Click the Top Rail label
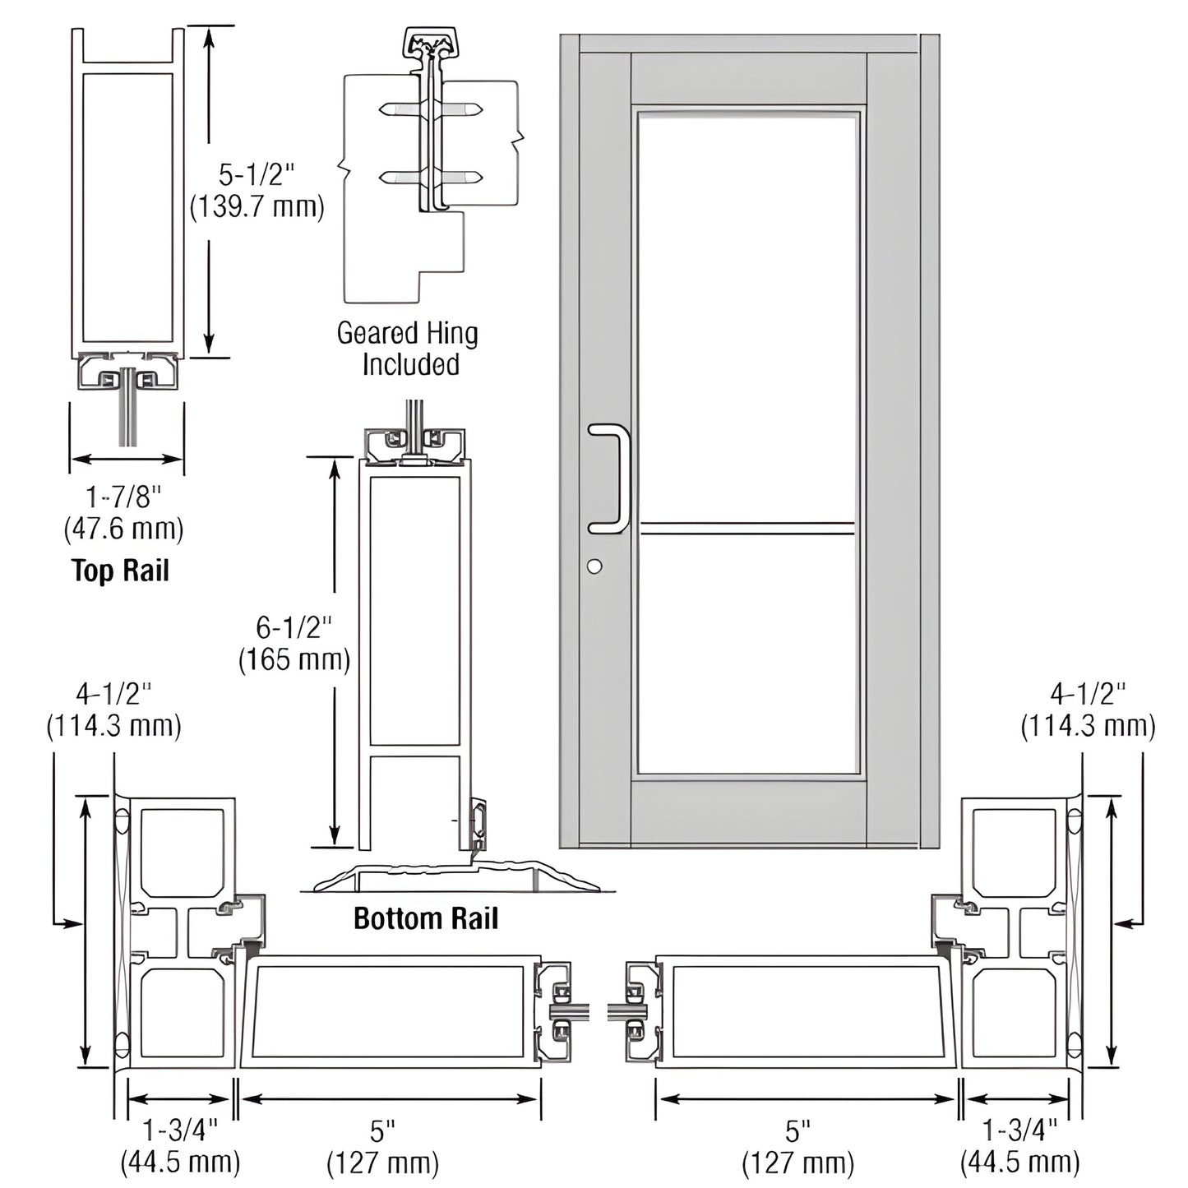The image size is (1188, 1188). coord(120,570)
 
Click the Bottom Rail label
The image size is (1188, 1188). coord(425,918)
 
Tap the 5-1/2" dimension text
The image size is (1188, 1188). coord(256,174)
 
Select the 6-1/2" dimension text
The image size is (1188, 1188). coord(294,627)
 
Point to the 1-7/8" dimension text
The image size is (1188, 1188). coord(124,497)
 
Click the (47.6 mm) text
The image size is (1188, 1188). coord(124,529)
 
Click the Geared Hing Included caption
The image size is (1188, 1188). coord(409,349)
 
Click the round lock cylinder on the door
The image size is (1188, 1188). coord(594,566)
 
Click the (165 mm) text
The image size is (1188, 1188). coord(294,660)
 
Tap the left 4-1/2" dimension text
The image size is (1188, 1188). coord(114,694)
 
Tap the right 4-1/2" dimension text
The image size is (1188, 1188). coord(1087,694)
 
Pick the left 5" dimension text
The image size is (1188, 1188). coord(382,1132)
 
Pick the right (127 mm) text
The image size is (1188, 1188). coord(797,1163)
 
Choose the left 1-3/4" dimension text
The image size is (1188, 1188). coord(180,1130)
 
